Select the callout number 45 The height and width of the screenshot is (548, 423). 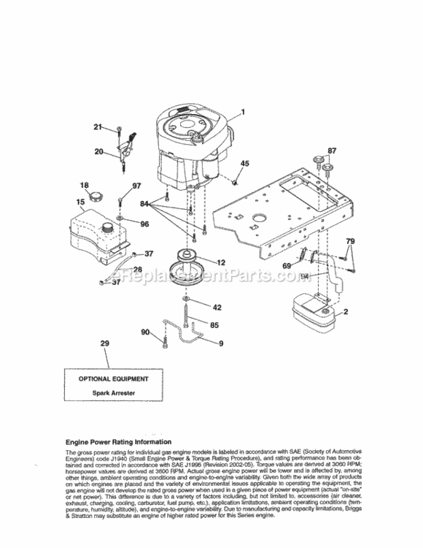pos(244,164)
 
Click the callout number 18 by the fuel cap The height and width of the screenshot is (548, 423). pos(84,185)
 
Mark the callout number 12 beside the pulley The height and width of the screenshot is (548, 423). pos(220,262)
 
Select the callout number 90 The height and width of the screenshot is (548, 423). pos(145,332)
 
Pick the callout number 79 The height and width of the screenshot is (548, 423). pos(351,241)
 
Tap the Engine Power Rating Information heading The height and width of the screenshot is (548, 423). pos(119,442)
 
